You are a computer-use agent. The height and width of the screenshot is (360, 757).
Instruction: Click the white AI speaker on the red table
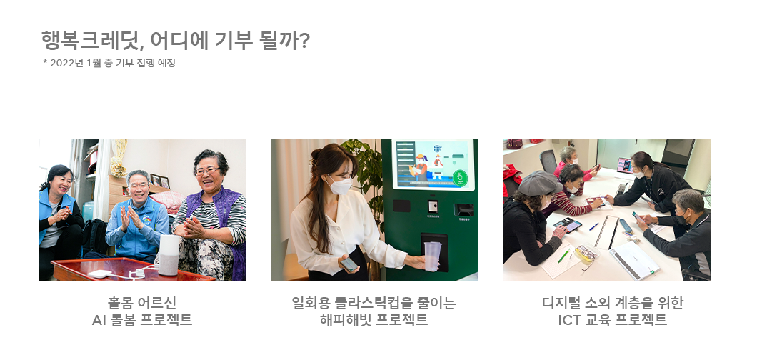click(169, 254)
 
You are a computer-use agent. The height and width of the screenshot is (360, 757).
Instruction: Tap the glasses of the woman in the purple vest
click(207, 171)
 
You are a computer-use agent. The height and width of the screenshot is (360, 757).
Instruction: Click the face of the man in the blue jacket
click(139, 187)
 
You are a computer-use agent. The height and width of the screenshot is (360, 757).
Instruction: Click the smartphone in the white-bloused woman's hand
click(349, 264)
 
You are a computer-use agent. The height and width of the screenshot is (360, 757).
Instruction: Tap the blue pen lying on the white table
click(593, 226)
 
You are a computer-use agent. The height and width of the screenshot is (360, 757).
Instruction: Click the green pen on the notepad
click(563, 256)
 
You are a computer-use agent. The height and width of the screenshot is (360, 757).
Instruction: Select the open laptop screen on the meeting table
click(623, 166)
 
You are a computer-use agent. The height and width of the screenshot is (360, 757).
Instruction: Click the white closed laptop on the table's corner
click(633, 260)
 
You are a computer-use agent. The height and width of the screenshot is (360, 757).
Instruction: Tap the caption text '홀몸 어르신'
click(142, 303)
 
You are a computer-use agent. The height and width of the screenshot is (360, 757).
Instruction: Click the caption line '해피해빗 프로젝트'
click(374, 319)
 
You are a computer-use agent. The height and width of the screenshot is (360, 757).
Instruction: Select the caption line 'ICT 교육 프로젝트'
click(613, 319)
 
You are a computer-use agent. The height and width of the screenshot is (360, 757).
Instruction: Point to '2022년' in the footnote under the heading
click(66, 63)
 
